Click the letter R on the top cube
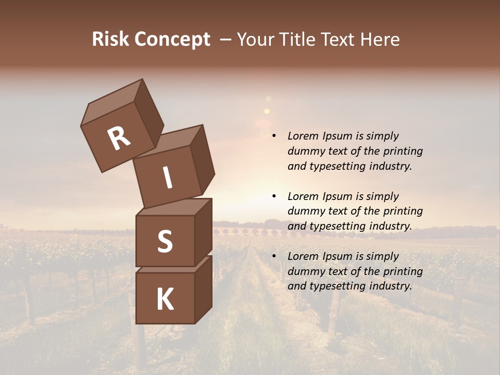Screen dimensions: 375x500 [x=119, y=139]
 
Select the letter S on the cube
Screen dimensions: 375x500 [x=165, y=241]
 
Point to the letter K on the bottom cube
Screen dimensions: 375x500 [x=165, y=300]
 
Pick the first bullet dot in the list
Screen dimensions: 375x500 [x=274, y=136]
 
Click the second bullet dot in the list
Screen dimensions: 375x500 [x=274, y=196]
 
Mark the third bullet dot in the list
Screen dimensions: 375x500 [x=274, y=256]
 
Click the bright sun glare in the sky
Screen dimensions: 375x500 [x=267, y=111]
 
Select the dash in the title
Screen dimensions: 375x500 [x=226, y=40]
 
